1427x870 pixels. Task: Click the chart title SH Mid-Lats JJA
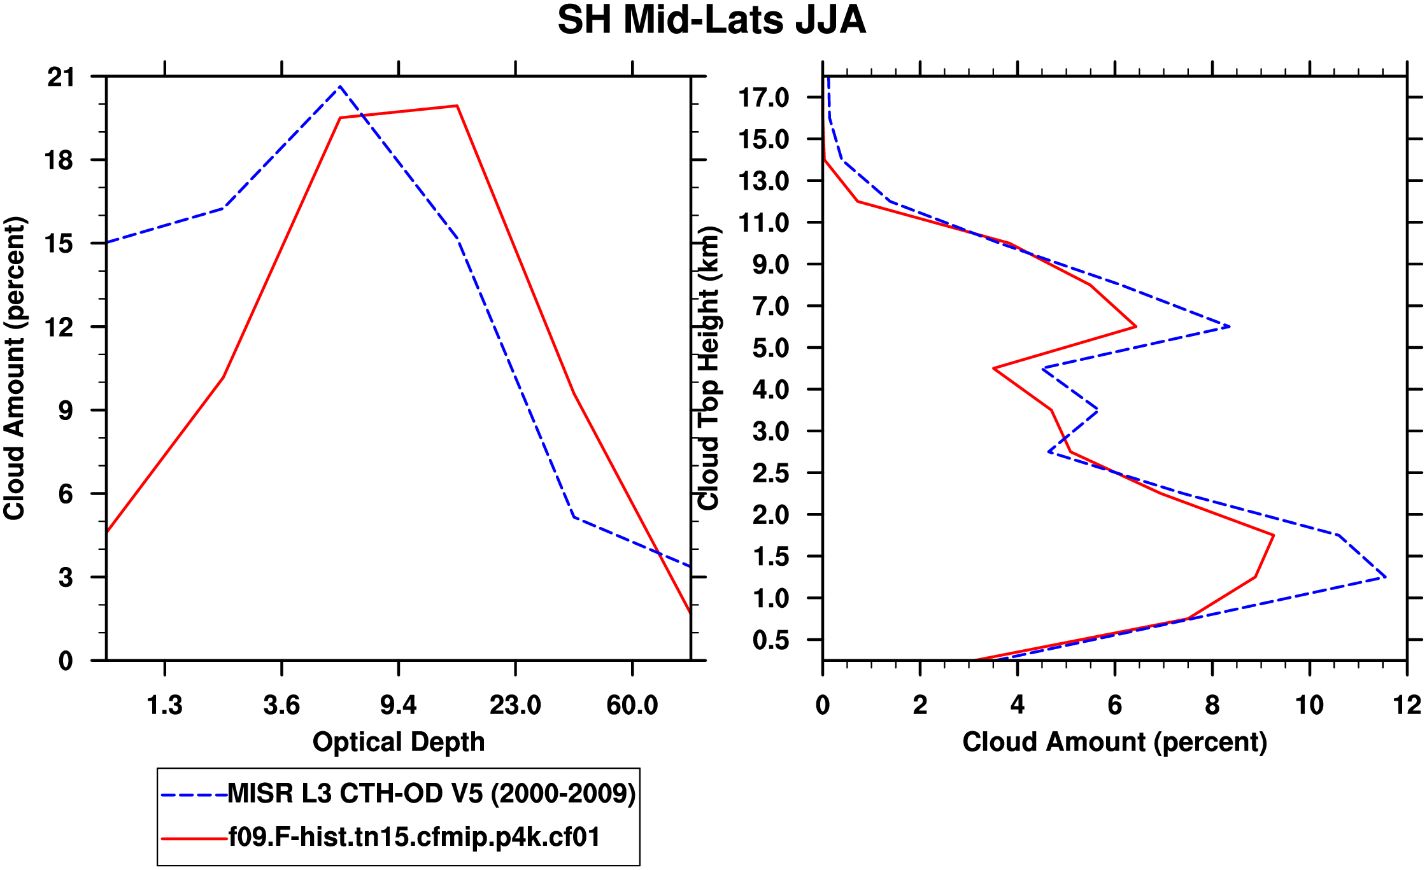pyautogui.click(x=711, y=20)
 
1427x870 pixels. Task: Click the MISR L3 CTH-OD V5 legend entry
pyautogui.click(x=431, y=794)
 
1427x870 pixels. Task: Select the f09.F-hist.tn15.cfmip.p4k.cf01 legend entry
pyautogui.click(x=414, y=837)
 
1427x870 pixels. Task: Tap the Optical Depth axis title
pyautogui.click(x=399, y=742)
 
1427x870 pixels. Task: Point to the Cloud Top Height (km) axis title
pyautogui.click(x=709, y=368)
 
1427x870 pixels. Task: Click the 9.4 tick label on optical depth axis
pyautogui.click(x=399, y=705)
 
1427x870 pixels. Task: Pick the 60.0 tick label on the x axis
pyautogui.click(x=632, y=705)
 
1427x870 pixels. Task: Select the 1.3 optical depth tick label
pyautogui.click(x=165, y=705)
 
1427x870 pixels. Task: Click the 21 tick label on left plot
pyautogui.click(x=61, y=78)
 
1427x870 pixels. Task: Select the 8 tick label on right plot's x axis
pyautogui.click(x=1212, y=705)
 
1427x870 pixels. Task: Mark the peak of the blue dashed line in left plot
pyautogui.click(x=340, y=86)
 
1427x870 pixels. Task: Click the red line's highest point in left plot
pyautogui.click(x=457, y=106)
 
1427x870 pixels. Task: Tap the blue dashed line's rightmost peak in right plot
pyautogui.click(x=1386, y=577)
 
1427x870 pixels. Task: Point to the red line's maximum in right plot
pyautogui.click(x=1273, y=535)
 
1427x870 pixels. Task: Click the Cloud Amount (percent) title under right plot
pyautogui.click(x=1114, y=742)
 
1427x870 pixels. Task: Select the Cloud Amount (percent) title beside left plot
pyautogui.click(x=14, y=368)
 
